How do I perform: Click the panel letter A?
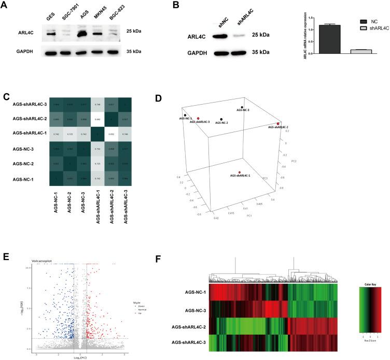(x=6, y=7)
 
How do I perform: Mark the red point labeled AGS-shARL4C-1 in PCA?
(x=240, y=172)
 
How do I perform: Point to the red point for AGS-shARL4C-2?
(x=278, y=124)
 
